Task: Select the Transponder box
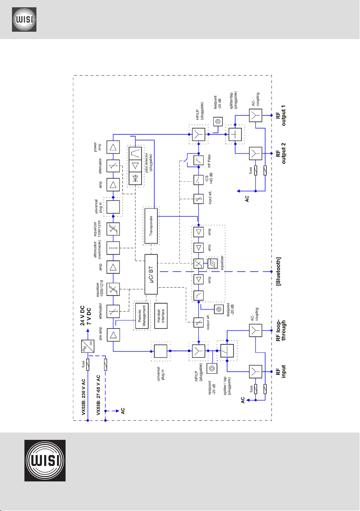point(151,226)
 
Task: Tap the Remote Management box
point(142,316)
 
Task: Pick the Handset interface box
point(161,316)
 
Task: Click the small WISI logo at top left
point(24,20)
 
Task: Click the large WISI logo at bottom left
point(45,460)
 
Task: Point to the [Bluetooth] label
point(278,271)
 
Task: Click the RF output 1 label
point(281,115)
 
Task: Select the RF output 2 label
point(281,153)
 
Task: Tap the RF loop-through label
point(281,331)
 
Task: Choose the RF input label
point(281,372)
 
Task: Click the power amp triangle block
point(113,147)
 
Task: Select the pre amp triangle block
point(113,335)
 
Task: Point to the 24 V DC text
point(82,316)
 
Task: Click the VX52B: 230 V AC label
point(84,397)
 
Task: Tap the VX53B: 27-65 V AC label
point(99,395)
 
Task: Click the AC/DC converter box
point(87,346)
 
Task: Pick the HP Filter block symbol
point(198,160)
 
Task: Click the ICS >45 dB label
point(209,180)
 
